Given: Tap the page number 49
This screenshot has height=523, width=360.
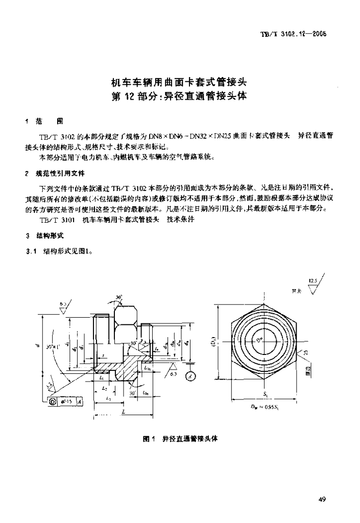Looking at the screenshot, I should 322,499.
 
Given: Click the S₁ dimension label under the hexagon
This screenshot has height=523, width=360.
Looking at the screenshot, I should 266,394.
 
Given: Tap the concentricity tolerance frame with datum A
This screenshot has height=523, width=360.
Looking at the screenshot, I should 66,402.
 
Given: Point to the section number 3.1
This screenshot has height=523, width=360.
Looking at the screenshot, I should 32,251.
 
